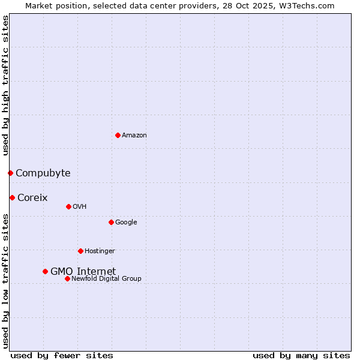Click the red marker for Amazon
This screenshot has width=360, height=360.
(x=118, y=135)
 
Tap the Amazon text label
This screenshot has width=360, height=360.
(x=134, y=136)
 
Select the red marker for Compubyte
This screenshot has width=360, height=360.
(x=10, y=173)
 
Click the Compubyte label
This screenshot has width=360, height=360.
(x=43, y=173)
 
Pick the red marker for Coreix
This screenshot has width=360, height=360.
(x=12, y=197)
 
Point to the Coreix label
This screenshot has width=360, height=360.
(x=32, y=198)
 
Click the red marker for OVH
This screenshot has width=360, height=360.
(x=68, y=206)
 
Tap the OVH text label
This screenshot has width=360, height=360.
(x=80, y=207)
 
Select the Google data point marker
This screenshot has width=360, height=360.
(x=111, y=222)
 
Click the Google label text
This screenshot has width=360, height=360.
(x=126, y=223)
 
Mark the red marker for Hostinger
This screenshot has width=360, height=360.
(x=80, y=251)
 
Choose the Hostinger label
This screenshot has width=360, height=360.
(x=100, y=251)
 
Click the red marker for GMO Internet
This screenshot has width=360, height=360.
(x=45, y=271)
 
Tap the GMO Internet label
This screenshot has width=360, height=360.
(x=83, y=271)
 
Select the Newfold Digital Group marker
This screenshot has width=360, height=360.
(x=67, y=278)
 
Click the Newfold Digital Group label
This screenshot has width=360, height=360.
(x=106, y=279)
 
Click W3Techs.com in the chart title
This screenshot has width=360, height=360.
(x=310, y=6)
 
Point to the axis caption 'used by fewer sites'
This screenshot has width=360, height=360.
(x=62, y=356)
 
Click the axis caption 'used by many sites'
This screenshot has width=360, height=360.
(x=301, y=356)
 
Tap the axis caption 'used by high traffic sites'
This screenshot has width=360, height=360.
(x=5, y=85)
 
